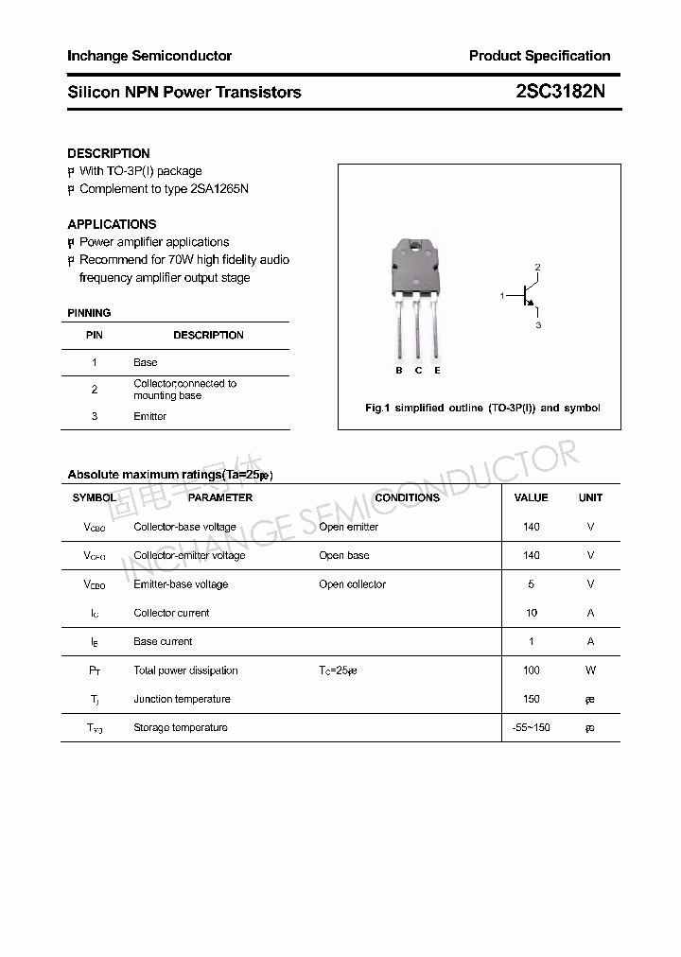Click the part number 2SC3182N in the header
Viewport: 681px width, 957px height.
(x=561, y=92)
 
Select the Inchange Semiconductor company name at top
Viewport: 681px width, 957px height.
(x=149, y=56)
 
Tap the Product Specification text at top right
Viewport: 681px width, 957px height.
(x=539, y=56)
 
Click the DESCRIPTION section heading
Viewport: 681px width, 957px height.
(x=109, y=153)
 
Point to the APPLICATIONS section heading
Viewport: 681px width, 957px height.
(x=112, y=224)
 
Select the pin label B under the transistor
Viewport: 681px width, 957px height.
(x=399, y=371)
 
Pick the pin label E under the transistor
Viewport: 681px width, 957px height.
(x=437, y=371)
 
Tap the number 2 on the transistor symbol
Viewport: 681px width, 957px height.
(x=537, y=268)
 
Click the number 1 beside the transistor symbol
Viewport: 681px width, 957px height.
(x=502, y=297)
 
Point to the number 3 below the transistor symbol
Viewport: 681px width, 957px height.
(x=538, y=325)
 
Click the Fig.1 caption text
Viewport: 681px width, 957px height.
(x=482, y=408)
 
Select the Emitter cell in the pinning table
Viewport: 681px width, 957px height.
(x=150, y=416)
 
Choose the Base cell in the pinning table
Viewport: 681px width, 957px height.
(x=146, y=362)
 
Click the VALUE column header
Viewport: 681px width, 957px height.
(x=531, y=497)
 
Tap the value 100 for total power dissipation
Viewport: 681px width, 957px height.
(x=532, y=670)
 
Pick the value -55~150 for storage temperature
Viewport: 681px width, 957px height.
(x=531, y=727)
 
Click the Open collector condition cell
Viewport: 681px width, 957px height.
(x=353, y=584)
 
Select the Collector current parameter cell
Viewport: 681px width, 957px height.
(x=171, y=613)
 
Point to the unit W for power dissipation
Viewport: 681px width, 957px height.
(x=590, y=670)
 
